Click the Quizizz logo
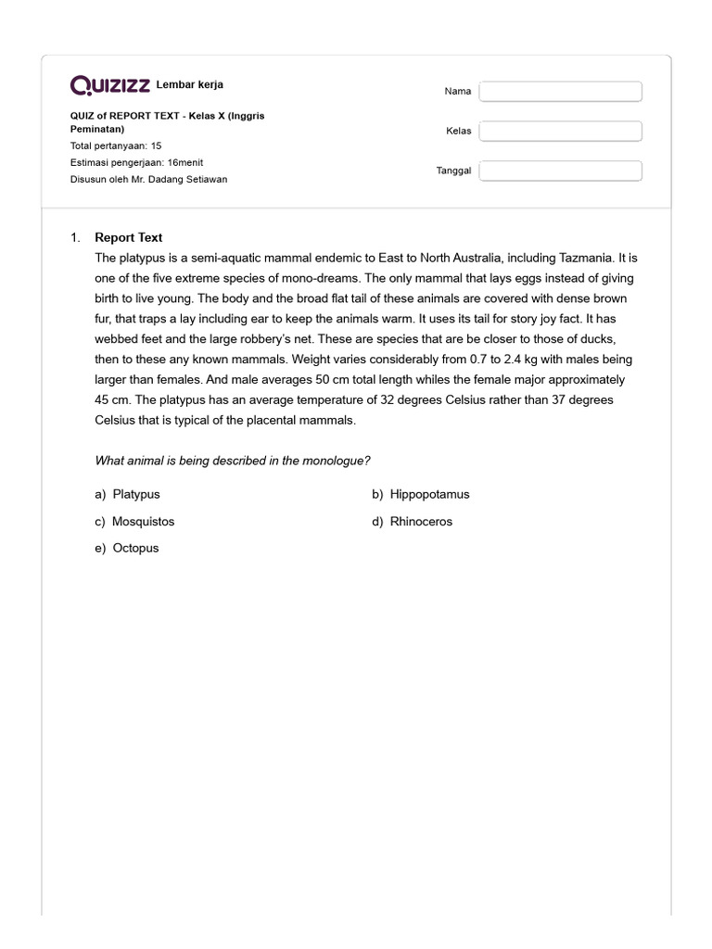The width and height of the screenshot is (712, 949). pyautogui.click(x=110, y=85)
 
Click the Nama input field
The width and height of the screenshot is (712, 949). pyautogui.click(x=560, y=91)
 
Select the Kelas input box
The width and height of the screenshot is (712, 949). pyautogui.click(x=560, y=131)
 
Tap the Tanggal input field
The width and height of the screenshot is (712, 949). pyautogui.click(x=560, y=171)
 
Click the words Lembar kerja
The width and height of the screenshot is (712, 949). pyautogui.click(x=190, y=85)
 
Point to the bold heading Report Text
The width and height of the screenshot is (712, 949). pyautogui.click(x=128, y=237)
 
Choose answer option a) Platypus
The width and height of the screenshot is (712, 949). pyautogui.click(x=133, y=494)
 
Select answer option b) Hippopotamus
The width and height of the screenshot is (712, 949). pyautogui.click(x=421, y=494)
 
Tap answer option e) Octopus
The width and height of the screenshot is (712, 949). pyautogui.click(x=127, y=548)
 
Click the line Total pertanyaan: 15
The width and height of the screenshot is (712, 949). pyautogui.click(x=116, y=146)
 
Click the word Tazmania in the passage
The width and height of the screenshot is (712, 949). pyautogui.click(x=578, y=258)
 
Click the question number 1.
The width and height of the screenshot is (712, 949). pyautogui.click(x=75, y=237)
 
